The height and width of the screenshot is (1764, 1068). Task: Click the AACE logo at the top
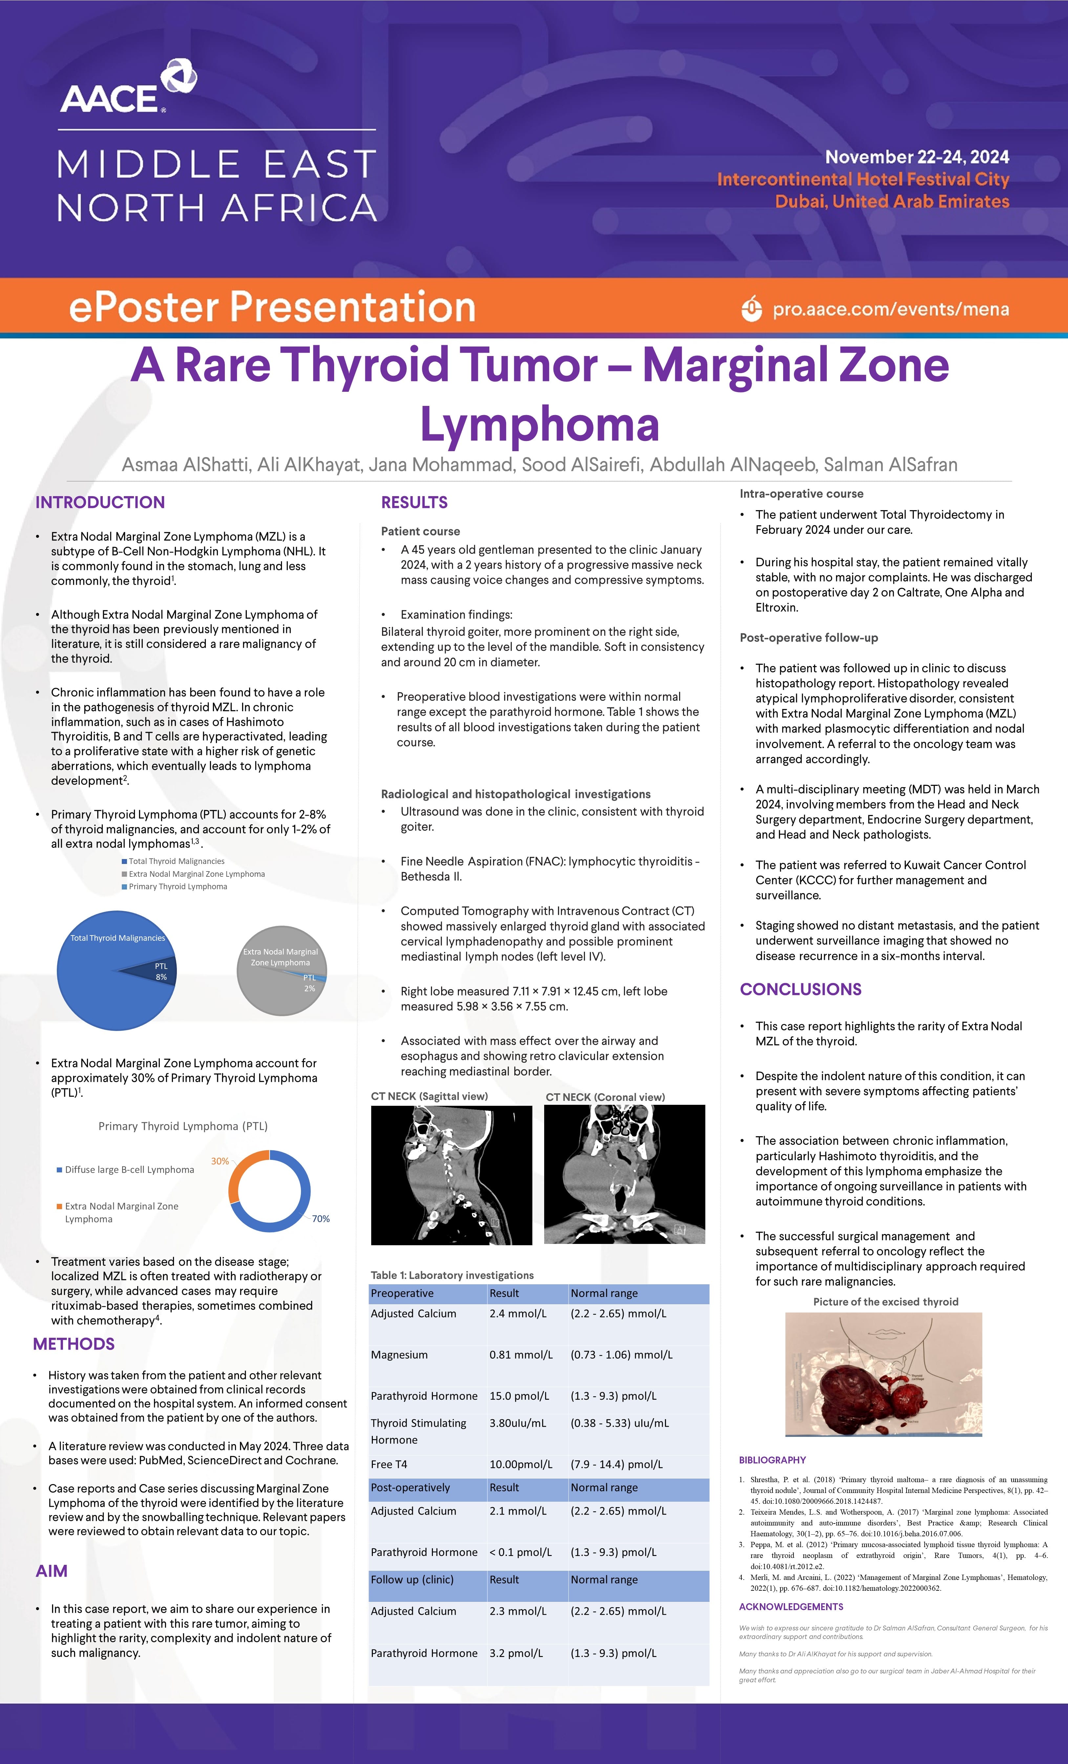(x=127, y=88)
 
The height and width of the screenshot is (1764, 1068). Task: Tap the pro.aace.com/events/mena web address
(x=890, y=309)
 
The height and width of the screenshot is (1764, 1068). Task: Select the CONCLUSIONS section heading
(x=800, y=989)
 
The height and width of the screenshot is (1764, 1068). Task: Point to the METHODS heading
(x=74, y=1344)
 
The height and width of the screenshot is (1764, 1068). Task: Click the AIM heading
(x=52, y=1571)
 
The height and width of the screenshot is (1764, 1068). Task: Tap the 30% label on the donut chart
(x=220, y=1161)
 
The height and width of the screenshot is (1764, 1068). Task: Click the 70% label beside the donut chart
(x=321, y=1218)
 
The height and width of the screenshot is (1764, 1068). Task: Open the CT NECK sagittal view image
(x=451, y=1175)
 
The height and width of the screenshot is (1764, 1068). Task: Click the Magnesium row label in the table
(x=399, y=1354)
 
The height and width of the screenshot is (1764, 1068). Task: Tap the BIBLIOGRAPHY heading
(x=772, y=1460)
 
